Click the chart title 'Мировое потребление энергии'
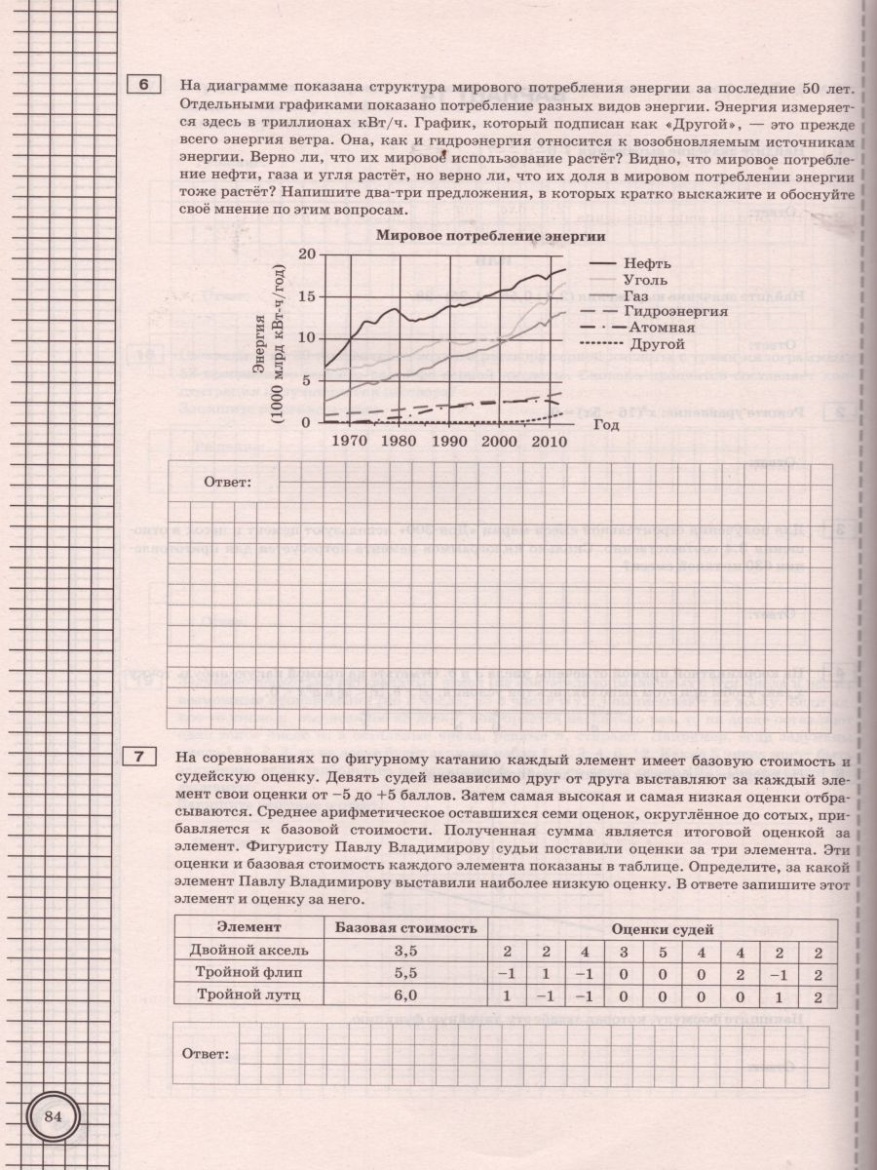(491, 236)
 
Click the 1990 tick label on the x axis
(449, 441)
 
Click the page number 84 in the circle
(53, 1116)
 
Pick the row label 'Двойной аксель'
(249, 950)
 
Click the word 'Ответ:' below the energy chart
(227, 482)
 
